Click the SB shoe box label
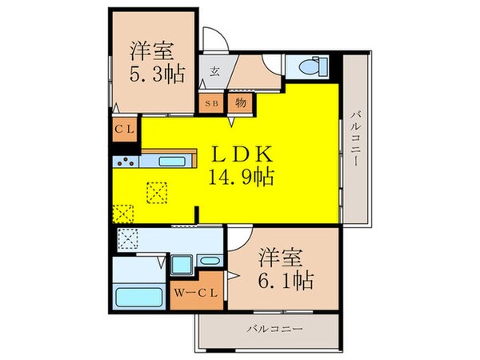[214, 102]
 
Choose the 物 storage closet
[240, 102]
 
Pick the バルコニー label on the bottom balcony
[268, 328]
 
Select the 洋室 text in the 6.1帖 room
[280, 257]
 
